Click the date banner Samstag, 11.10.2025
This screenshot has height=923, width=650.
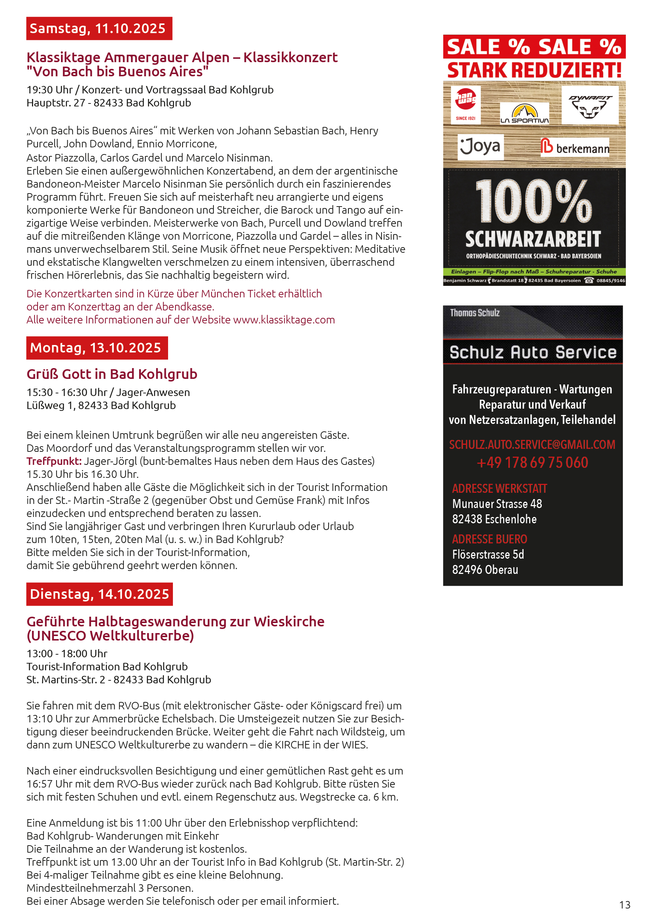click(99, 29)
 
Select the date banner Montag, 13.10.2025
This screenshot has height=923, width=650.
click(97, 348)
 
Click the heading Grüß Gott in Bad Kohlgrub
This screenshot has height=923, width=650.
click(112, 374)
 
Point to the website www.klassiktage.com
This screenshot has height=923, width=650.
click(284, 320)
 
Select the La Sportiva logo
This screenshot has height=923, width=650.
click(524, 114)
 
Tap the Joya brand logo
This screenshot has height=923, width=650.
click(480, 146)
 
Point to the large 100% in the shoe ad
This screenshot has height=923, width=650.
click(533, 201)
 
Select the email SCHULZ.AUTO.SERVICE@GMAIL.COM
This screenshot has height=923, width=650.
click(532, 444)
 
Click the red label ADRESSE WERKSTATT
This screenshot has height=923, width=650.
click(499, 488)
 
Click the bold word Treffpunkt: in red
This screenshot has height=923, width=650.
click(54, 461)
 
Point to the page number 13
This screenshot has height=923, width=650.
click(625, 904)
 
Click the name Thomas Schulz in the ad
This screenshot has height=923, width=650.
click(474, 313)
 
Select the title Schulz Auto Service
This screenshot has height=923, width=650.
click(533, 352)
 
